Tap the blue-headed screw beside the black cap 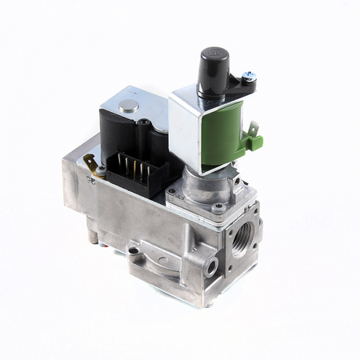point(250,75)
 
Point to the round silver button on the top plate point(127,106)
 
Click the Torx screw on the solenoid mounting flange point(218,206)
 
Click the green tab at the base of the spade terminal point(255,142)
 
